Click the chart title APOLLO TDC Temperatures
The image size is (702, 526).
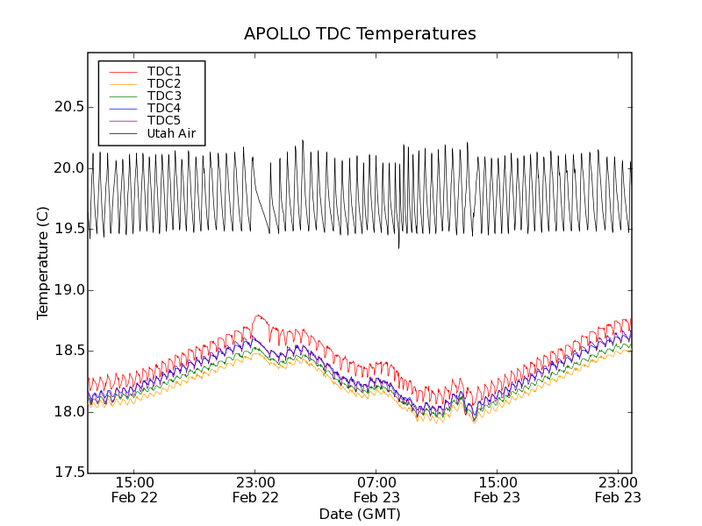tap(360, 34)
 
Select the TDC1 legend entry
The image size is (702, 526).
tap(164, 71)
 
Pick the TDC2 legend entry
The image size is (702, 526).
tap(164, 83)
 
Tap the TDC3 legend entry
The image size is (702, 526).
tap(164, 96)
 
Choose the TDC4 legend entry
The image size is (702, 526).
tap(164, 108)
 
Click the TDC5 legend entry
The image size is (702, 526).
tap(164, 120)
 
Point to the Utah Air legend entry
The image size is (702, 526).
tap(171, 133)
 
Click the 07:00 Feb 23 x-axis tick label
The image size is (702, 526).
tap(377, 489)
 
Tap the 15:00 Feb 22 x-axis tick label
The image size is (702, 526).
tap(136, 489)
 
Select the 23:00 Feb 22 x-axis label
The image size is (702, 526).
tap(256, 489)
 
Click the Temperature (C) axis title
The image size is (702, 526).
tap(43, 263)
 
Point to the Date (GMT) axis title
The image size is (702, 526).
tap(360, 514)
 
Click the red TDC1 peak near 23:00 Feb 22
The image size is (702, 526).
tap(258, 316)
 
